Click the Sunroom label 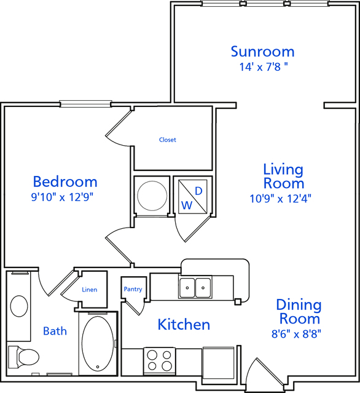pyautogui.click(x=262, y=52)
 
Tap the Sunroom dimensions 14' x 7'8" pyautogui.click(x=264, y=67)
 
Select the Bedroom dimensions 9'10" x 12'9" pyautogui.click(x=62, y=197)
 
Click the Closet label pyautogui.click(x=168, y=140)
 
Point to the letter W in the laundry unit pyautogui.click(x=187, y=205)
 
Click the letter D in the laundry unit pyautogui.click(x=198, y=191)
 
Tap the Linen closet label pyautogui.click(x=89, y=290)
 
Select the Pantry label pyautogui.click(x=133, y=289)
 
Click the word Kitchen pyautogui.click(x=184, y=324)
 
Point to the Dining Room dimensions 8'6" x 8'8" pyautogui.click(x=296, y=334)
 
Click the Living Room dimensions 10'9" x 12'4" pyautogui.click(x=280, y=199)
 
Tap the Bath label pyautogui.click(x=55, y=331)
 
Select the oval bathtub pyautogui.click(x=98, y=344)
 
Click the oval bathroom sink pyautogui.click(x=19, y=306)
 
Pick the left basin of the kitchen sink pyautogui.click(x=187, y=287)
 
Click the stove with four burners pyautogui.click(x=160, y=362)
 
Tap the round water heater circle pyautogui.click(x=152, y=196)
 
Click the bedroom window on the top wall pyautogui.click(x=85, y=104)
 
